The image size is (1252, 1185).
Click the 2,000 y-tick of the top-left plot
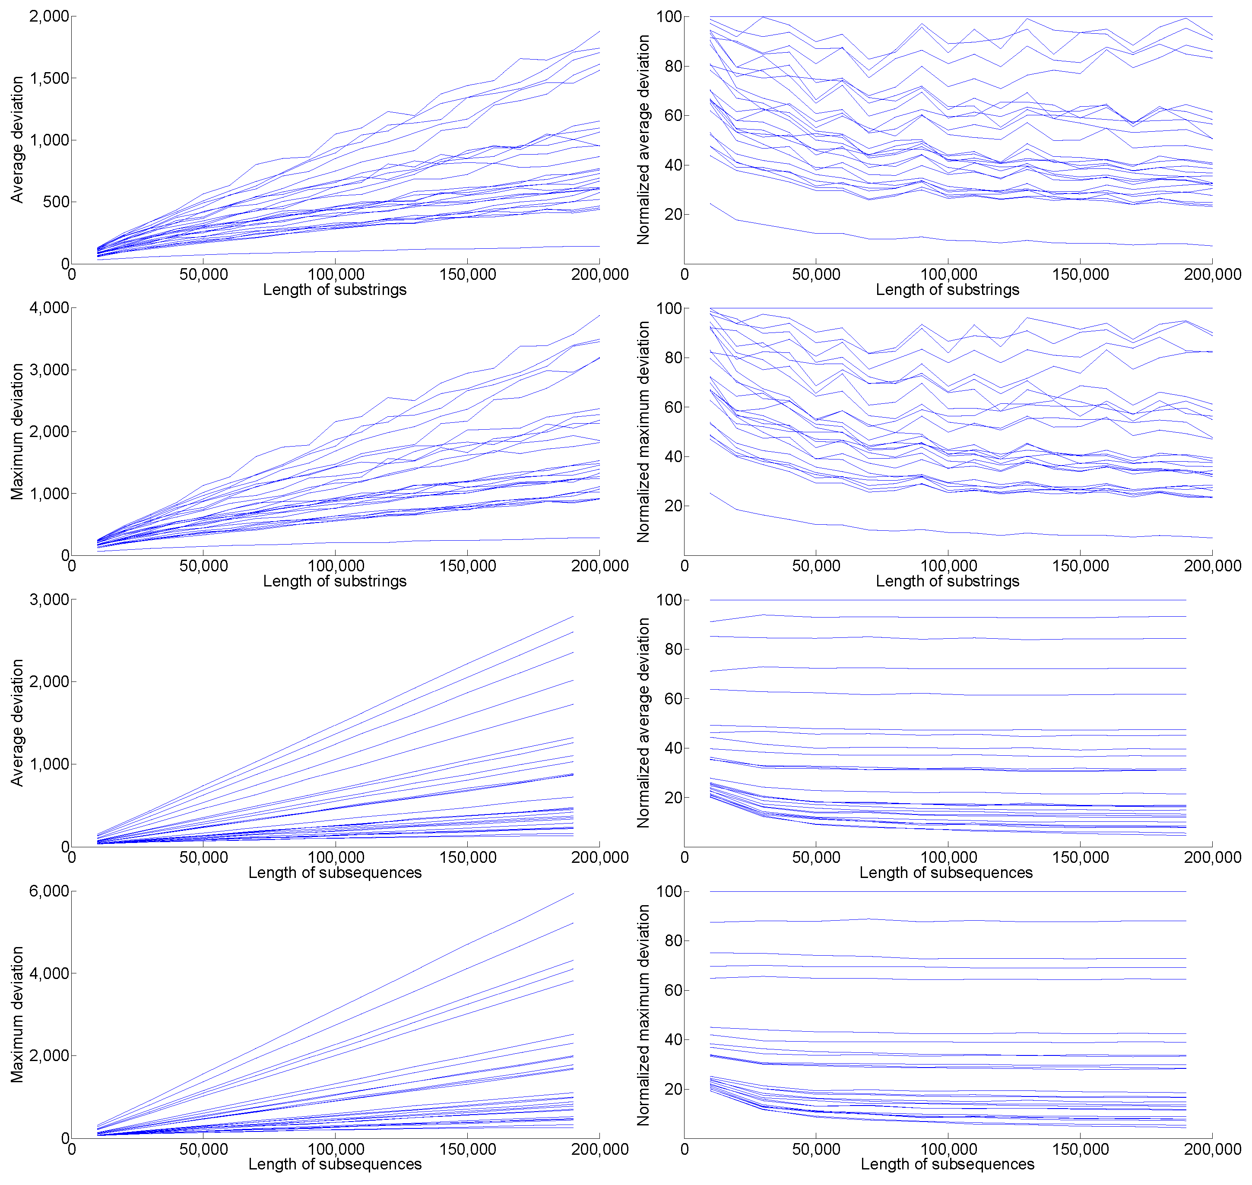(49, 16)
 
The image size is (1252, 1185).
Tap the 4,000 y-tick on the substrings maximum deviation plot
(49, 308)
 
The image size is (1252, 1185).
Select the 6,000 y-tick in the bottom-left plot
(49, 892)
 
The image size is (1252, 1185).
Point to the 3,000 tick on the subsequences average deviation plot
(49, 599)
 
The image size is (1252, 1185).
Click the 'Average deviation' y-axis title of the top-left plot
(17, 139)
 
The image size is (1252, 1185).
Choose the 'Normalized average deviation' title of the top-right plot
(643, 139)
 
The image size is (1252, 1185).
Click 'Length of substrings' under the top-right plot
(948, 290)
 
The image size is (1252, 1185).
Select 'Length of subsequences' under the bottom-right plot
(948, 1164)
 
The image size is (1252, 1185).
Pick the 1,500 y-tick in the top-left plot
(49, 78)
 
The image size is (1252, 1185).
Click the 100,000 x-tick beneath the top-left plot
(336, 275)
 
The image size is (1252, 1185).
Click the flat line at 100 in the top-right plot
(948, 16)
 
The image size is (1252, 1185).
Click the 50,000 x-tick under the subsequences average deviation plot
(203, 858)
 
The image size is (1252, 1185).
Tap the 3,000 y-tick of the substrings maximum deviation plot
(49, 370)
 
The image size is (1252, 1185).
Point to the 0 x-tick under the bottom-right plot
(685, 1150)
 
